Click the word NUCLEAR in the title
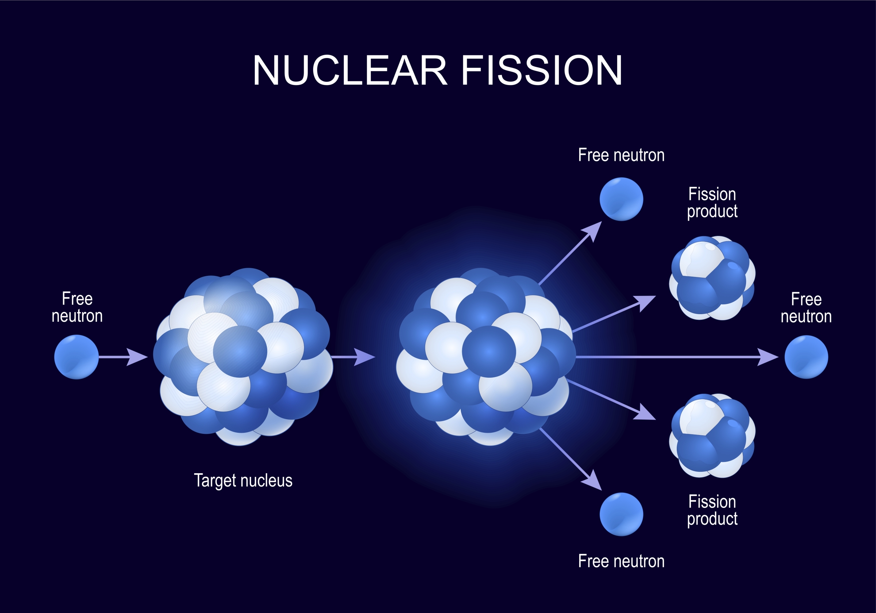[x=349, y=70]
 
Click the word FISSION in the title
[x=542, y=70]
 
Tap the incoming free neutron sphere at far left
[x=76, y=356]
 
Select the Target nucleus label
[x=243, y=480]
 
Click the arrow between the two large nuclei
[x=353, y=356]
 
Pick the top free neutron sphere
[x=621, y=199]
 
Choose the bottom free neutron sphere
[x=621, y=514]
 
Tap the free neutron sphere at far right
[x=806, y=356]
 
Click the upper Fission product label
[x=712, y=203]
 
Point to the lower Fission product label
[x=712, y=510]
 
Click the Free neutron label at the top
[x=621, y=155]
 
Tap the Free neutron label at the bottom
[x=621, y=561]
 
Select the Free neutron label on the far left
[x=77, y=307]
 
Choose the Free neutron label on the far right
[x=806, y=308]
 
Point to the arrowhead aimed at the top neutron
[x=592, y=231]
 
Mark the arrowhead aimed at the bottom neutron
[x=592, y=481]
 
